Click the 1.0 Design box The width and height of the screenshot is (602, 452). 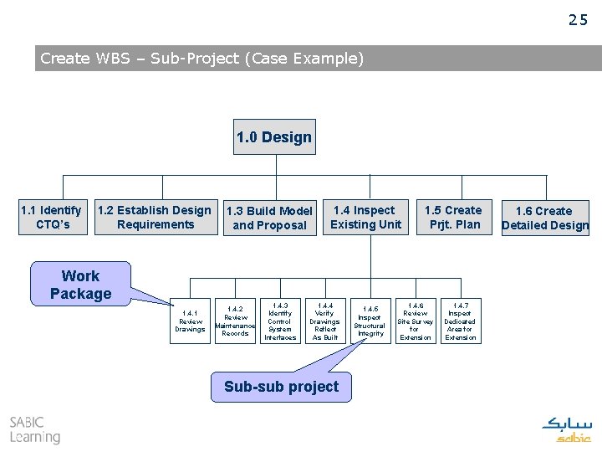274,137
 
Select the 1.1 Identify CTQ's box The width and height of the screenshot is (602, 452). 52,218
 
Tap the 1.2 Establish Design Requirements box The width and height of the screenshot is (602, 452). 156,218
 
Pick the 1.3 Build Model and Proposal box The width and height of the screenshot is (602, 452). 270,218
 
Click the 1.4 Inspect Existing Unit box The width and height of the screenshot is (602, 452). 365,218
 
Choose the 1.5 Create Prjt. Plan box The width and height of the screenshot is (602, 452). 452,218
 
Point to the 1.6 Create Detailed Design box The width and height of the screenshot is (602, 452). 544,218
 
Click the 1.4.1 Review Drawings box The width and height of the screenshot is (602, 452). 191,321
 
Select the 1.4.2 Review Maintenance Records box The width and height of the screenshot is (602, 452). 235,321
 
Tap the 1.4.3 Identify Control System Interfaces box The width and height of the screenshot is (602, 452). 280,321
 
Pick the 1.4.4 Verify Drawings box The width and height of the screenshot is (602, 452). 324,321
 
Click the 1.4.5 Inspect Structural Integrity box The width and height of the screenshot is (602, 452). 370,321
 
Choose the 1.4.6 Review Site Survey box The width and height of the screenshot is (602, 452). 415,321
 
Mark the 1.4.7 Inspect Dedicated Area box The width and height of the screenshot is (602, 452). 459,321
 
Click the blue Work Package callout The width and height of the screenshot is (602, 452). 80,285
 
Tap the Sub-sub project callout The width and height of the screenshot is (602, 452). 281,387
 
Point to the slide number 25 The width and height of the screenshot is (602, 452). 578,21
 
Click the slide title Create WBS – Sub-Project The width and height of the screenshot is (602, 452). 202,59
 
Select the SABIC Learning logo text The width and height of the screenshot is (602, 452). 34,429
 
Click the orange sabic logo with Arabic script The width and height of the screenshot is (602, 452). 567,429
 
